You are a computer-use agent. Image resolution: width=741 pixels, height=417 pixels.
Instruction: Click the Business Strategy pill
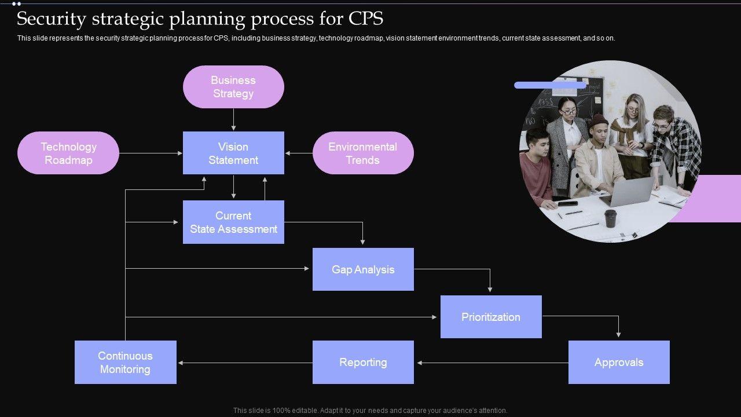[x=233, y=87]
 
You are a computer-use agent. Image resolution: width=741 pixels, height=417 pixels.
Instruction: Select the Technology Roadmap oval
[x=68, y=153]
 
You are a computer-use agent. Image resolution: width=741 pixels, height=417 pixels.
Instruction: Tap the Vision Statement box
[x=233, y=153]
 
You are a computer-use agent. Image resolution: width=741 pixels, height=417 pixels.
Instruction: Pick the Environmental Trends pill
[x=363, y=153]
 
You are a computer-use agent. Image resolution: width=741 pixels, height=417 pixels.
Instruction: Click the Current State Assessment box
[x=233, y=222]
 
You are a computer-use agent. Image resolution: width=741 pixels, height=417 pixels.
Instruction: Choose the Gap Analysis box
[x=363, y=269]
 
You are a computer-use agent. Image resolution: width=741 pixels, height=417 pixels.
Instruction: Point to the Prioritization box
[x=491, y=317]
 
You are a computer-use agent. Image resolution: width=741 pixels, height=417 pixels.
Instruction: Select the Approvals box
[x=619, y=362]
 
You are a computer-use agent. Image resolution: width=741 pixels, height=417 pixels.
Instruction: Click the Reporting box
[x=363, y=362]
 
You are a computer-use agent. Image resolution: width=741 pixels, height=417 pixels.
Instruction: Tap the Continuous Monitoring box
[x=125, y=362]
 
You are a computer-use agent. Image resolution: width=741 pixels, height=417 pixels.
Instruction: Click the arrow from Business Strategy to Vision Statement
[x=233, y=119]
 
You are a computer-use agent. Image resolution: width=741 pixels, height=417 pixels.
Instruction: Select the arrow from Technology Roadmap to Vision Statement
[x=151, y=153]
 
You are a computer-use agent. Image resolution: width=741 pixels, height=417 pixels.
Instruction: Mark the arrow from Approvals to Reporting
[x=492, y=363]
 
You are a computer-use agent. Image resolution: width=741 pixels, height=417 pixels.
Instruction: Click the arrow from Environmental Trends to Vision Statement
[x=299, y=153]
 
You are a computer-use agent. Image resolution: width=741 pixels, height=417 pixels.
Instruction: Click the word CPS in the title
[x=366, y=19]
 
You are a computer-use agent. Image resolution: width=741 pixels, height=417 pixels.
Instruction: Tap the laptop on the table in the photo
[x=628, y=192]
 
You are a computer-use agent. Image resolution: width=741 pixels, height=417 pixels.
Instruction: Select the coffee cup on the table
[x=610, y=218]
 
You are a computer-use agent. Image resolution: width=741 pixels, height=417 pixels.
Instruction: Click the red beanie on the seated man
[x=599, y=120]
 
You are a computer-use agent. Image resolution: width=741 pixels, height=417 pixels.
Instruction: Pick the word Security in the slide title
[x=52, y=19]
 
